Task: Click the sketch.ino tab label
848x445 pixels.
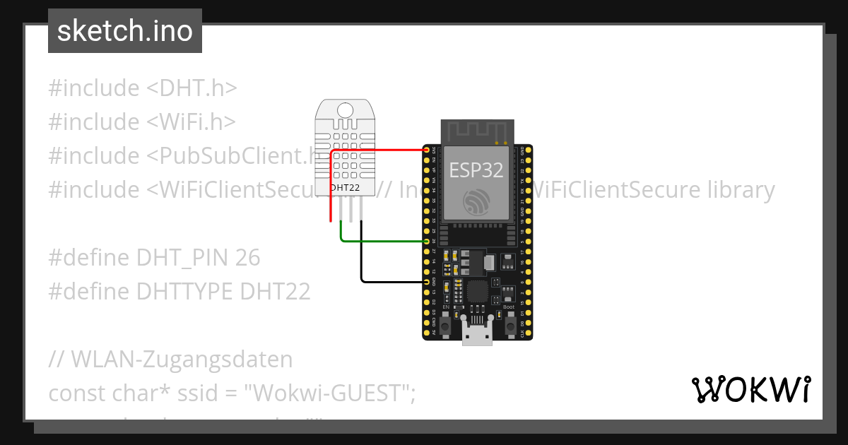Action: [x=125, y=31]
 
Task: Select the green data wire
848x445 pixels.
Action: [x=382, y=241]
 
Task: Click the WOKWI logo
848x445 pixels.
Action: [x=750, y=389]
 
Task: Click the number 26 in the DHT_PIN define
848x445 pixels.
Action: [x=248, y=258]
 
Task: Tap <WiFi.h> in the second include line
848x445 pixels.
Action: [x=191, y=122]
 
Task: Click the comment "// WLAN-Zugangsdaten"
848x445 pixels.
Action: [x=170, y=360]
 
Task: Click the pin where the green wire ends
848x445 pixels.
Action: [x=427, y=242]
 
